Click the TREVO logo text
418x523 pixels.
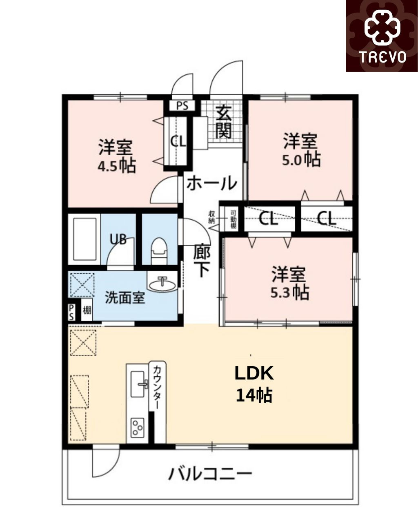tap(382, 57)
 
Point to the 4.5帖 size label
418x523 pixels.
tap(117, 166)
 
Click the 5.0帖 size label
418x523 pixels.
tap(301, 159)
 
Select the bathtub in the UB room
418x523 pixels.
tap(84, 239)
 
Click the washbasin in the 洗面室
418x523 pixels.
tap(162, 285)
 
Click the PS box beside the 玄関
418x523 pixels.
tap(182, 106)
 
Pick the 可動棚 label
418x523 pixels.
tap(233, 219)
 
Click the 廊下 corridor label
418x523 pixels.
tap(202, 260)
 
